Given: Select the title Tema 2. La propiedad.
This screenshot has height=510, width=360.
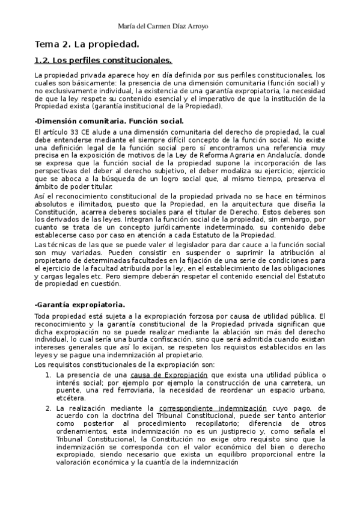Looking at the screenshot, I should coord(87,45).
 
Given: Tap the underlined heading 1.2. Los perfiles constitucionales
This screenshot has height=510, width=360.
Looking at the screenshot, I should coord(103,60).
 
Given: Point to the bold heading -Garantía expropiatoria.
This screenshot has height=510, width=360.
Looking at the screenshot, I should coord(79,305).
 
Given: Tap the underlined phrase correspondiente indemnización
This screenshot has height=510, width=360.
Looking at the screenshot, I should coord(206,408).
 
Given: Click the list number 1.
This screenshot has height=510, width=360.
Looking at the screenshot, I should coord(49,375).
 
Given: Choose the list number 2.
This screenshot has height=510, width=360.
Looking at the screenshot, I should coord(49,408).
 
